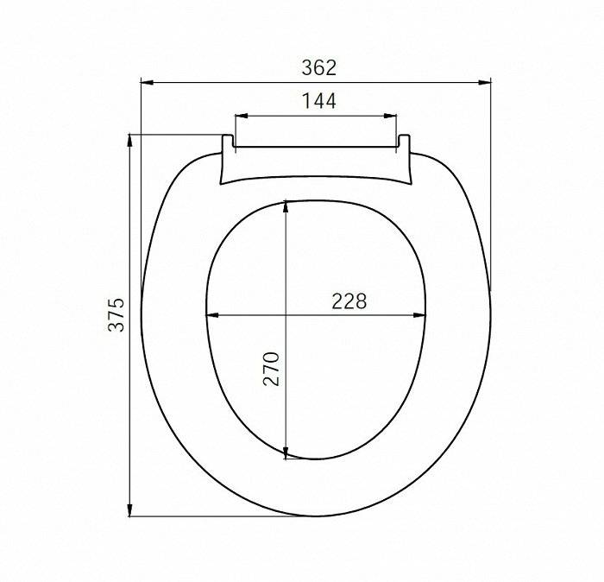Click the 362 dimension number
pyautogui.click(x=319, y=68)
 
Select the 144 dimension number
pyautogui.click(x=319, y=101)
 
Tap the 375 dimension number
pyautogui.click(x=116, y=314)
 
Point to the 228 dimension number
pyautogui.click(x=349, y=301)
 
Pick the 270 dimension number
pyautogui.click(x=271, y=369)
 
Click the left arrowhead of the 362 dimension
pyautogui.click(x=148, y=83)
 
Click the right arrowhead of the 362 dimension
pyautogui.click(x=484, y=83)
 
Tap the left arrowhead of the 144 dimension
pyautogui.click(x=242, y=116)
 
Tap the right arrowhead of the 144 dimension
pyautogui.click(x=390, y=116)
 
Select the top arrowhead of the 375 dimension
pyautogui.click(x=129, y=141)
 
